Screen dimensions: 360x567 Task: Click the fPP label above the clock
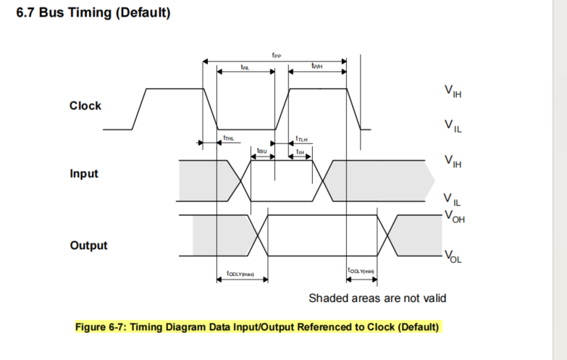pyautogui.click(x=276, y=54)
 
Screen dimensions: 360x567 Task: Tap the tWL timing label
pyautogui.click(x=245, y=67)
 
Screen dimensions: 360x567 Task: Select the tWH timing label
pyautogui.click(x=316, y=66)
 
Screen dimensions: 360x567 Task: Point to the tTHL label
pyautogui.click(x=228, y=136)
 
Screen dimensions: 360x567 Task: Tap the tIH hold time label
pyautogui.click(x=300, y=151)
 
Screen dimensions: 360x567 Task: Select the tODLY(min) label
pyautogui.click(x=361, y=271)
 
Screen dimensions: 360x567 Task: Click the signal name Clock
pyautogui.click(x=85, y=106)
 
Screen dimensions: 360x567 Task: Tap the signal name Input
pyautogui.click(x=84, y=175)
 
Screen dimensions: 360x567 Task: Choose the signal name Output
pyautogui.click(x=88, y=246)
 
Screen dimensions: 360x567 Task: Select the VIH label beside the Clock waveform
pyautogui.click(x=454, y=91)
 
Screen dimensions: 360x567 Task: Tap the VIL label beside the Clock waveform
pyautogui.click(x=454, y=127)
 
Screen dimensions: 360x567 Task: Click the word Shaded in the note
pyautogui.click(x=328, y=298)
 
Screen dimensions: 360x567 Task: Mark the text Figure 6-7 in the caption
pyautogui.click(x=101, y=327)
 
